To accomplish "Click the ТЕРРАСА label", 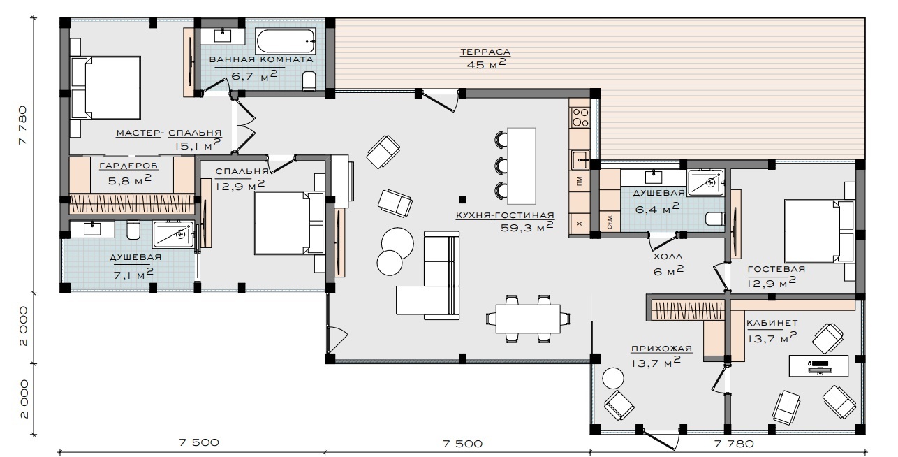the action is pos(485,52).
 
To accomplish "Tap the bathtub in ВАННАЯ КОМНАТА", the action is pos(285,41).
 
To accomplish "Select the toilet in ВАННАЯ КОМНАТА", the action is pos(309,80).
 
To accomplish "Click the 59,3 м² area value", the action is pos(527,226).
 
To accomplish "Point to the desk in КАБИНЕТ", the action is pos(818,365).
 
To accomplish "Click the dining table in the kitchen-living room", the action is pos(528,319).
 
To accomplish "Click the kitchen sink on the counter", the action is pos(580,160).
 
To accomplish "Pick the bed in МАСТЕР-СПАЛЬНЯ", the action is pos(106,87).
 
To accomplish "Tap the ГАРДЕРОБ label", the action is pos(128,166).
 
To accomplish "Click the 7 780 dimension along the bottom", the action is pos(734,444).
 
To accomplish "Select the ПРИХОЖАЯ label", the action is pos(661,349).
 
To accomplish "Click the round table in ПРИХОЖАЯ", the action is pos(613,378).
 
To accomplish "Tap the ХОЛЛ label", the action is pos(668,256).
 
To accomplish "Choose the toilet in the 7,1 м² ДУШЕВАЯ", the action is pos(133,231).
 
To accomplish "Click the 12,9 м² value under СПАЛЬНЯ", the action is pos(240,185).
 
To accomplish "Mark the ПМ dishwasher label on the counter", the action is pos(580,182).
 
